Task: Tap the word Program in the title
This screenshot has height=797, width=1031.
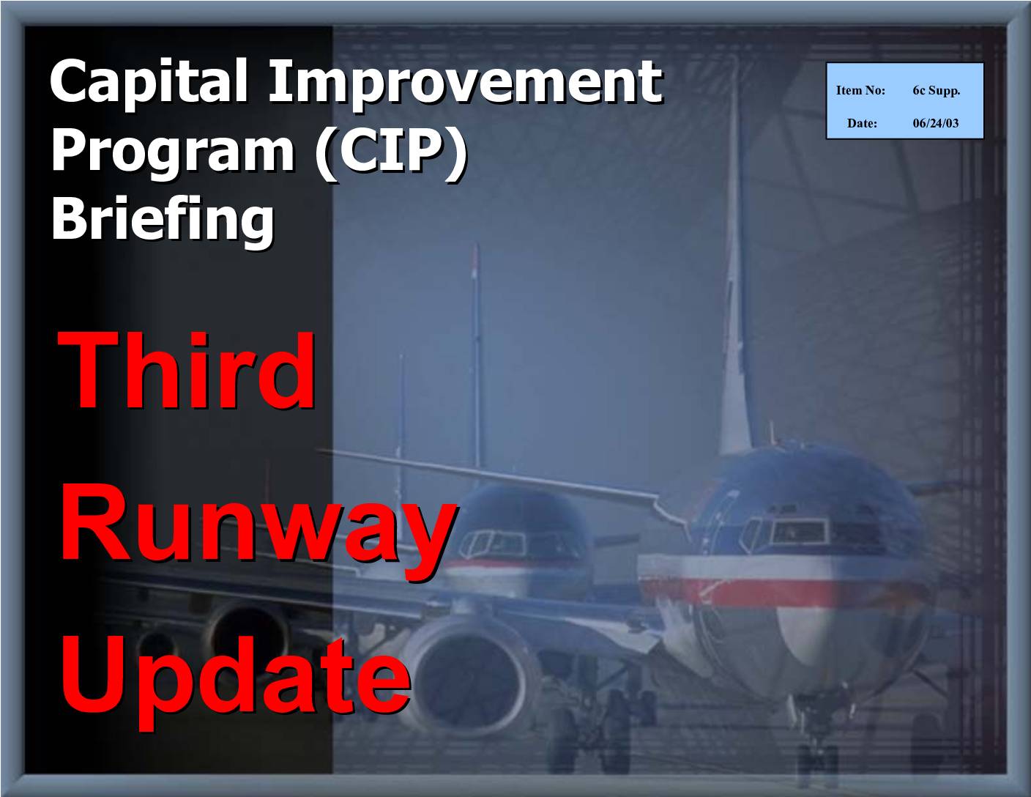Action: click(x=173, y=153)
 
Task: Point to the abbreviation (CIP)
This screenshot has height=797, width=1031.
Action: click(x=390, y=153)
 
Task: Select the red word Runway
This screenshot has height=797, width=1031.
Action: click(x=258, y=533)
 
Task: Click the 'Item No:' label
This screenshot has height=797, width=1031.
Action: click(x=860, y=90)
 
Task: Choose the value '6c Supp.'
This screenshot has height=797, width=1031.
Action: click(x=936, y=91)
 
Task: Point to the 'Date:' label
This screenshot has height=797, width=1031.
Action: click(x=862, y=123)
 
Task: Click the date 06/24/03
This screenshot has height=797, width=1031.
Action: click(x=936, y=123)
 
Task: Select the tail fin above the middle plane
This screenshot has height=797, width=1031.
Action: click(x=477, y=356)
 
